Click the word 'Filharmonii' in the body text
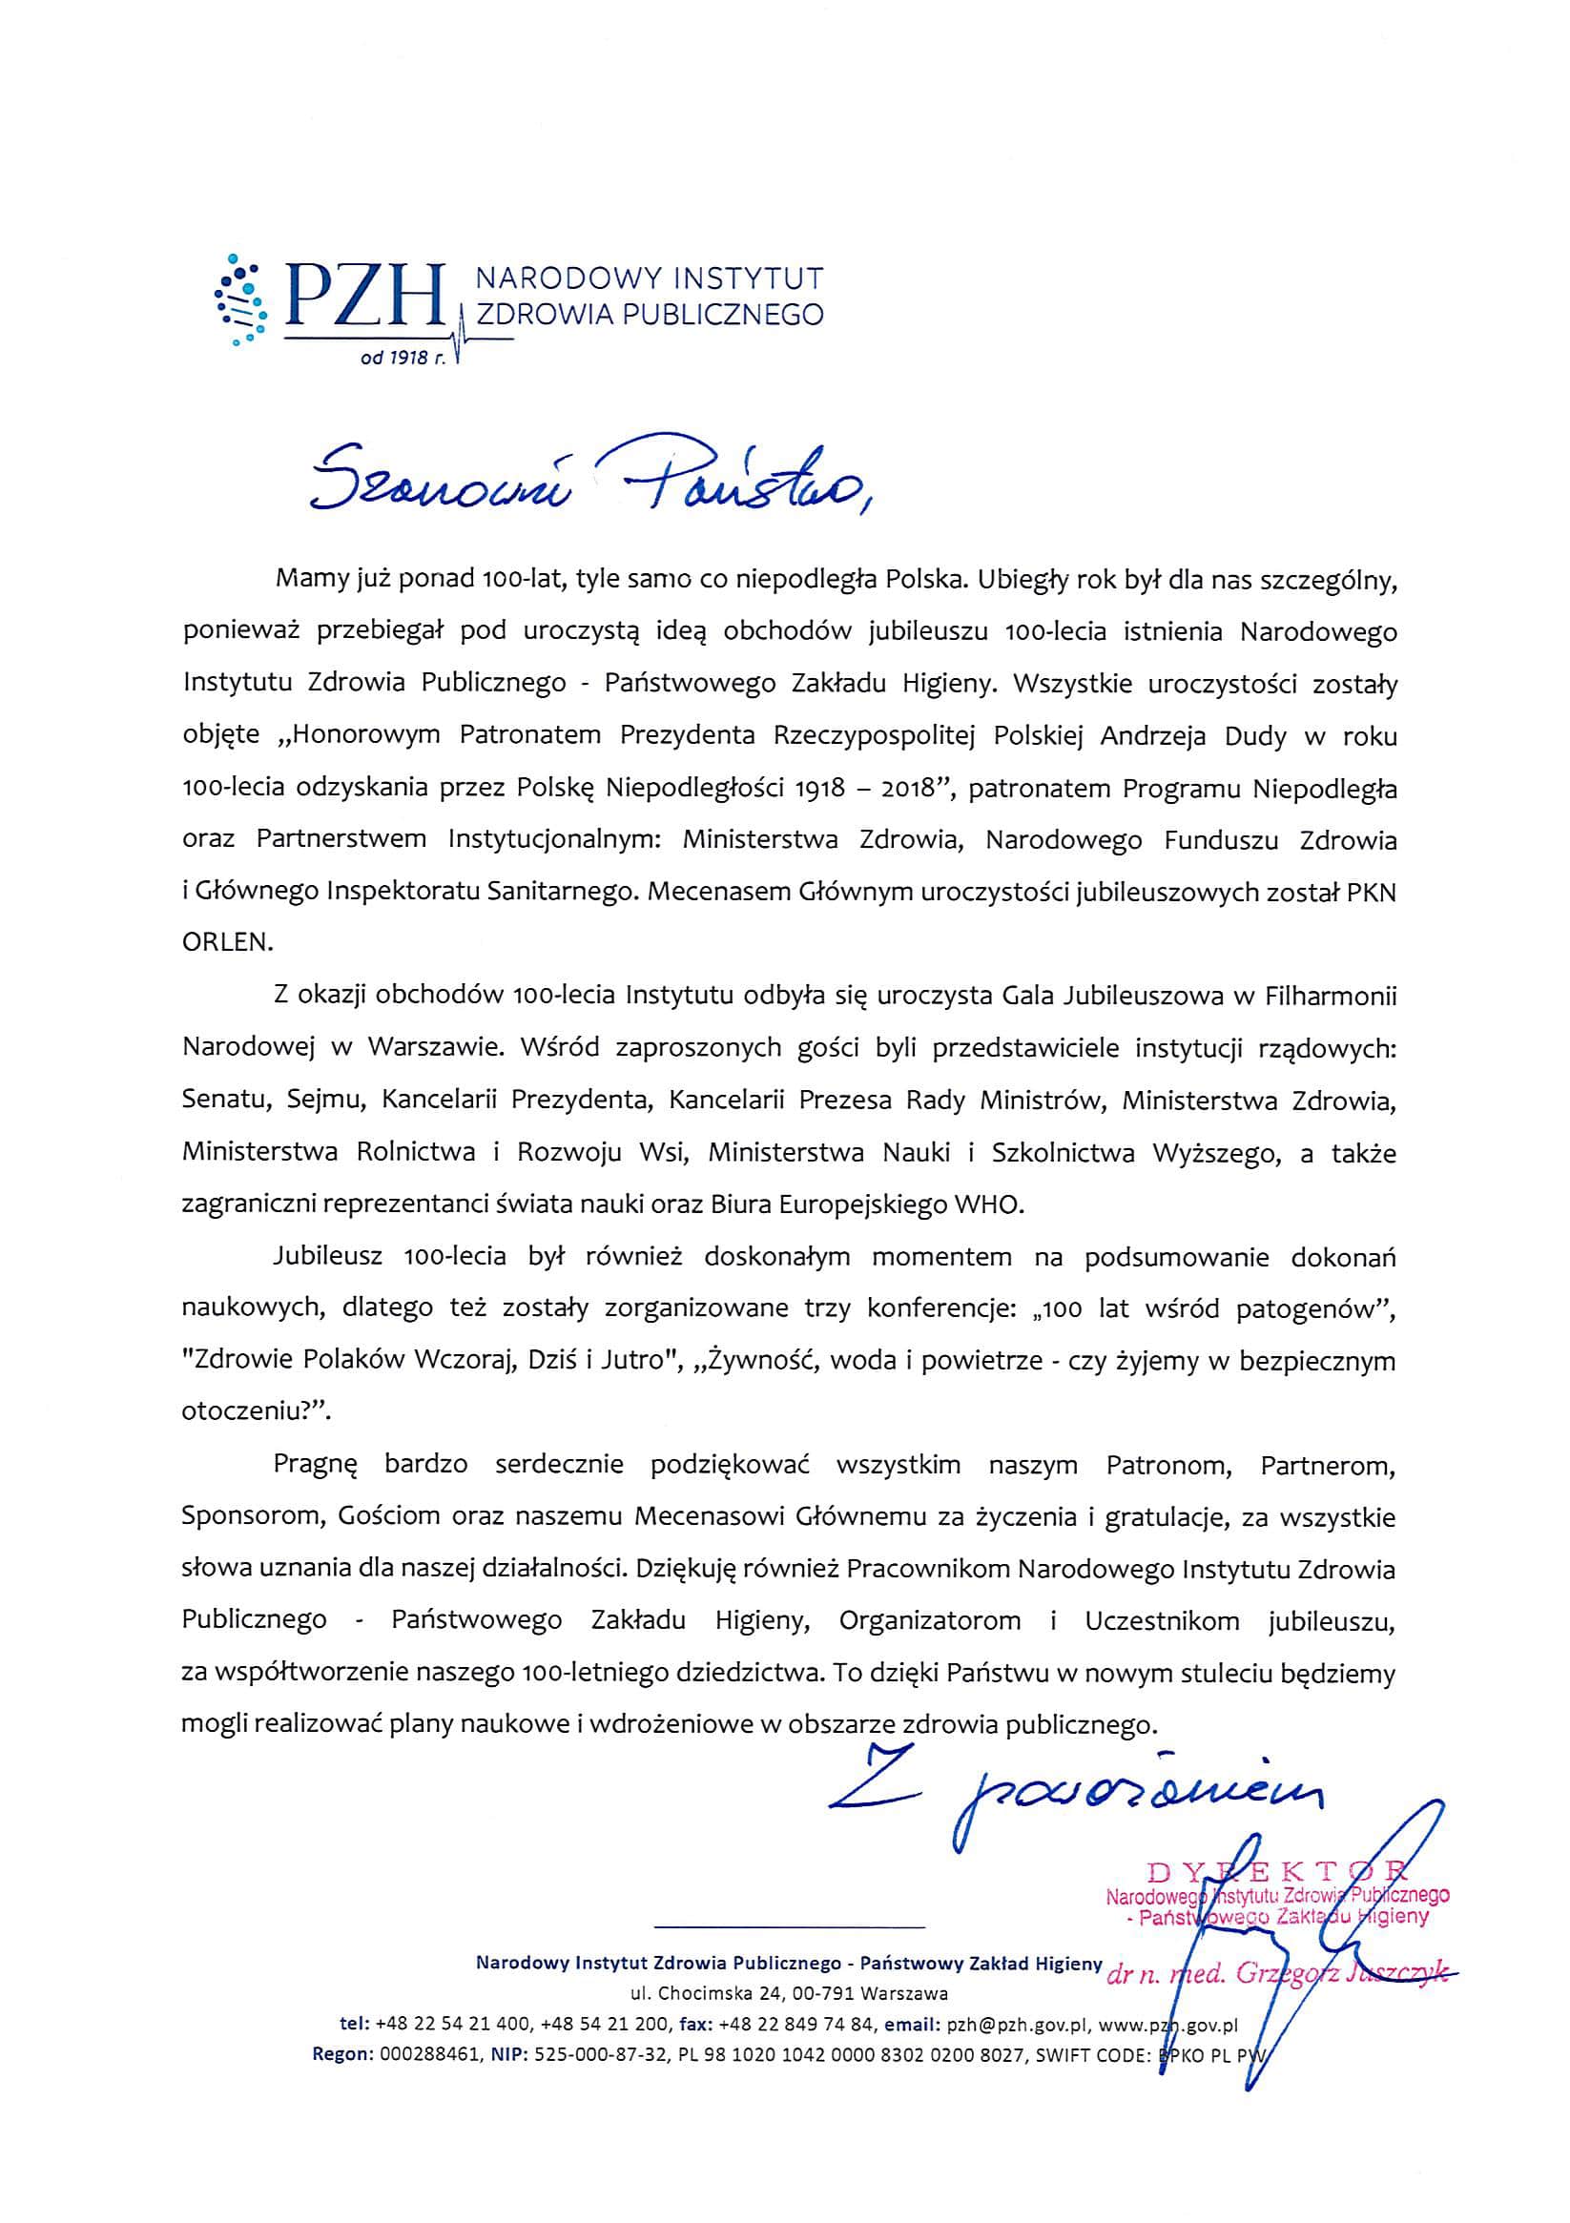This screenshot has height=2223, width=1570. (x=1330, y=996)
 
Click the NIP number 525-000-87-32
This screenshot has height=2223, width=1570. (x=606, y=2054)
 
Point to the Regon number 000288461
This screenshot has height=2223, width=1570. (x=429, y=2054)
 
